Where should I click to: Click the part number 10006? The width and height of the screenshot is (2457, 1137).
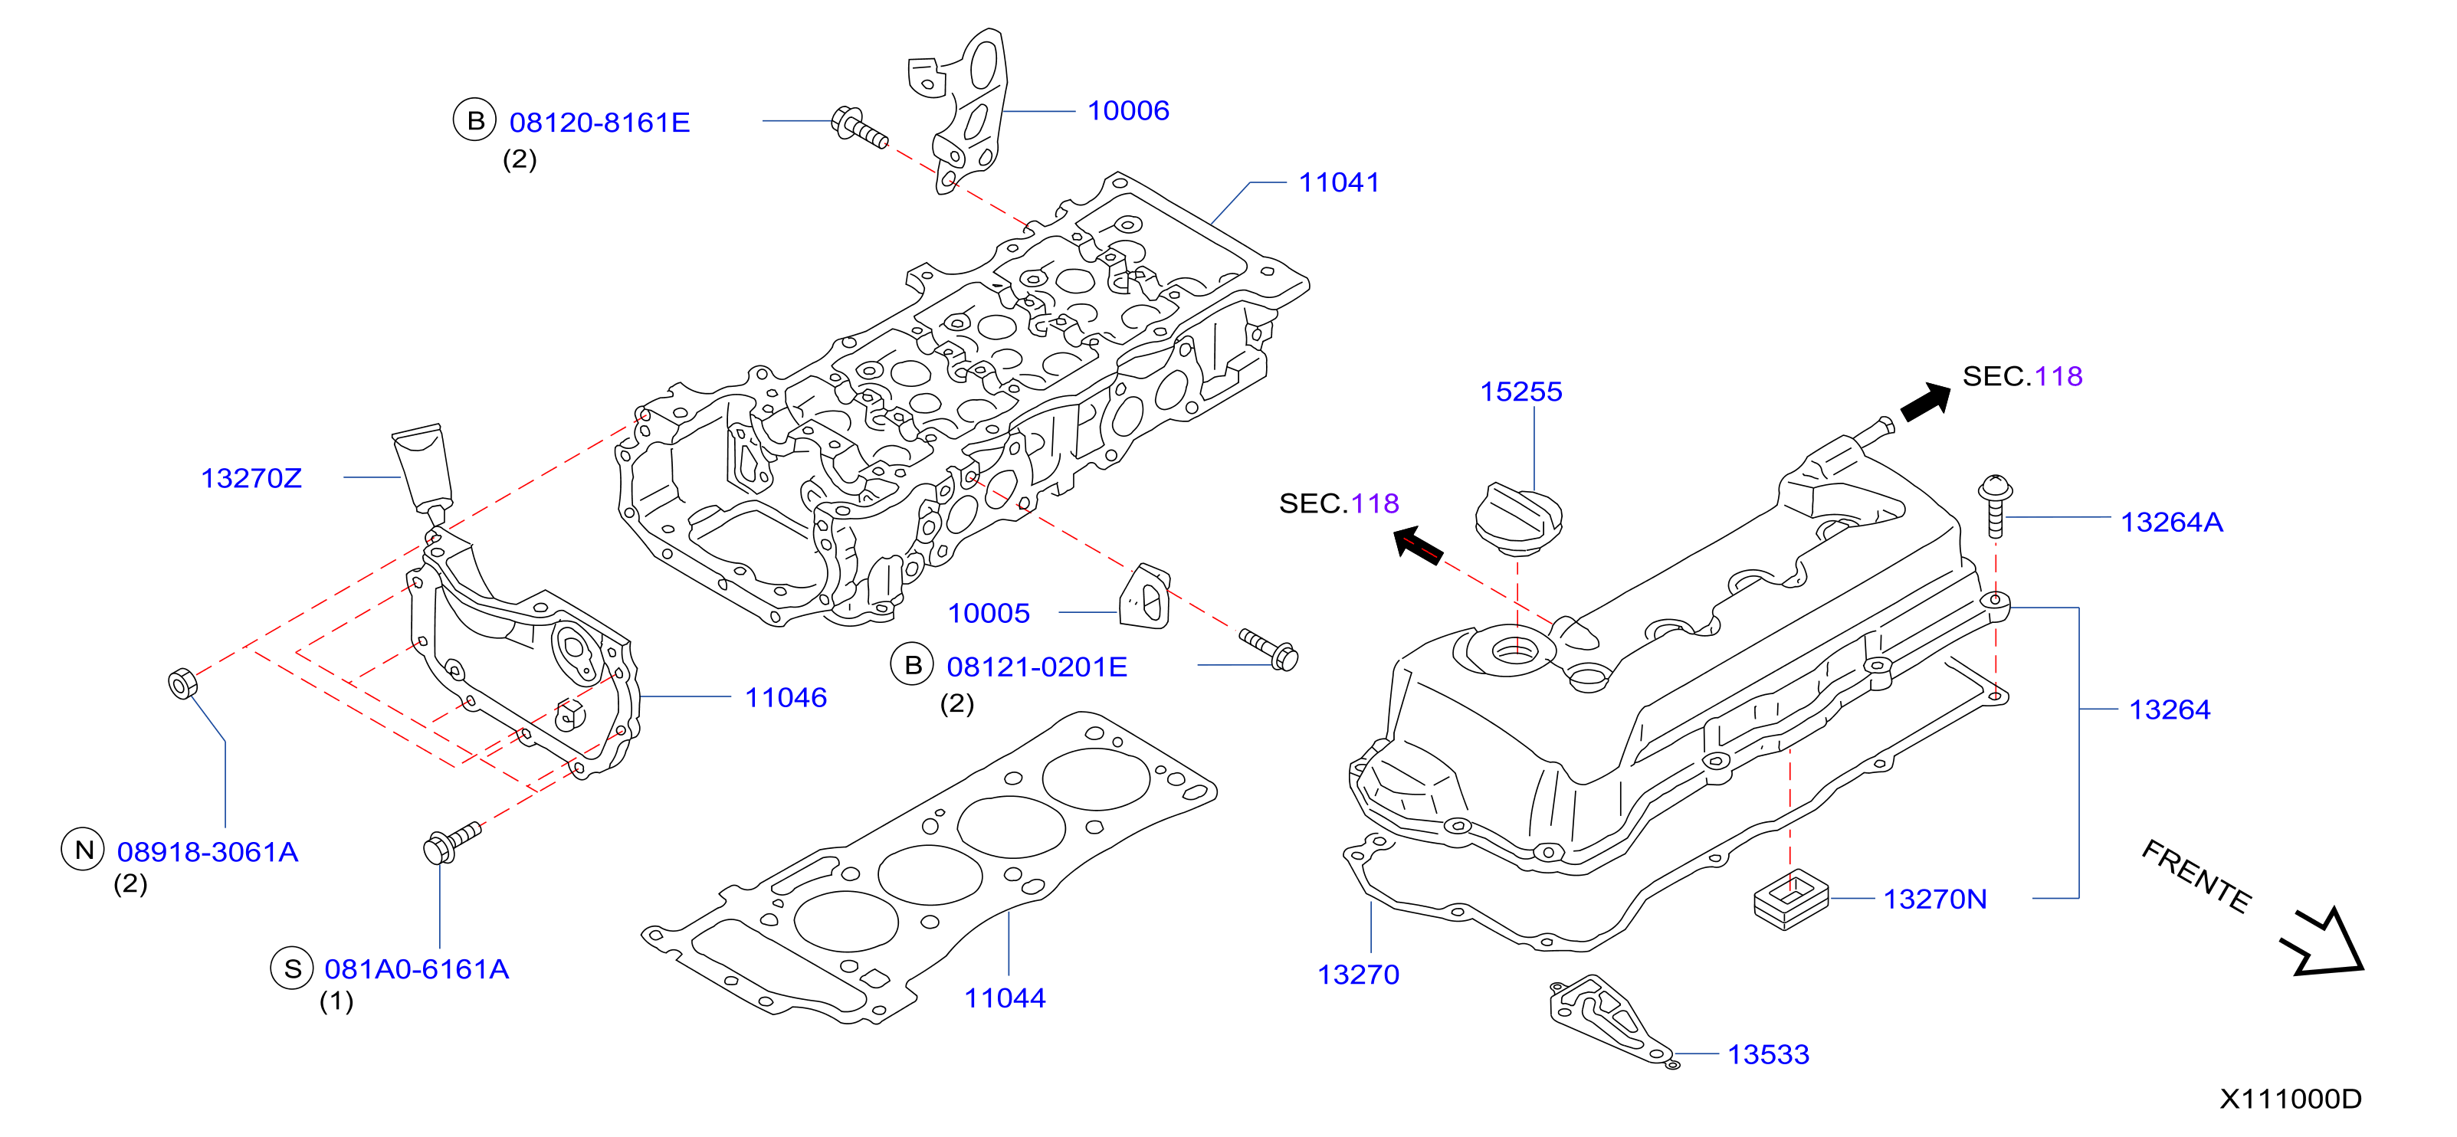point(1128,110)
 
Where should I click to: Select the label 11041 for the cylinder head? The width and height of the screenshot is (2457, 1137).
point(1339,182)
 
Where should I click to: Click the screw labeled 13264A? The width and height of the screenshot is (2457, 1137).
point(1994,506)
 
